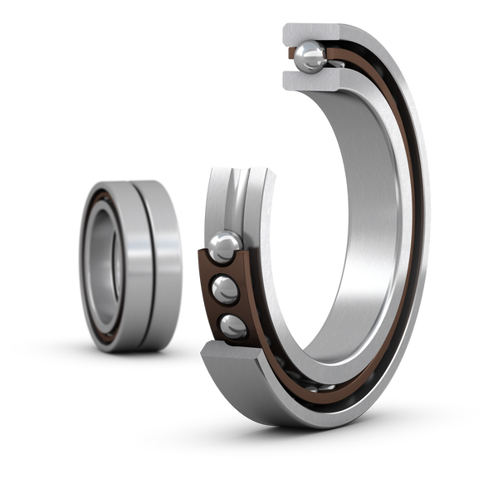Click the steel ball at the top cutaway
point(309,56)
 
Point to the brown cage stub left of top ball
point(291,56)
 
